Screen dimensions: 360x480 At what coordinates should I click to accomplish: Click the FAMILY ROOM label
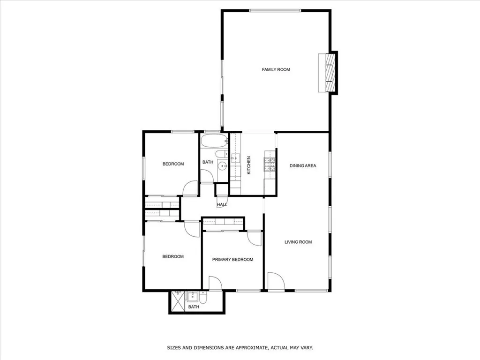tap(276, 70)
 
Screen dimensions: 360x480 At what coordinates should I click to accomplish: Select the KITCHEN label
tap(249, 165)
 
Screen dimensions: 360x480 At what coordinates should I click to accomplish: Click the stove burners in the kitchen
tap(270, 164)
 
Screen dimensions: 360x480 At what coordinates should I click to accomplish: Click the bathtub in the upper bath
tap(214, 141)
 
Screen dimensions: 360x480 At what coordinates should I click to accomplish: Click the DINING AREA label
tap(302, 165)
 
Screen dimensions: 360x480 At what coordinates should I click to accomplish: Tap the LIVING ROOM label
tap(298, 242)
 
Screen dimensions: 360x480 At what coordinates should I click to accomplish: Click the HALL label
tap(222, 205)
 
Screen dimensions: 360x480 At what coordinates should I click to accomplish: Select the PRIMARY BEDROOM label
tap(232, 260)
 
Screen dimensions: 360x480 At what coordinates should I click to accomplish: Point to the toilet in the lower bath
tap(202, 298)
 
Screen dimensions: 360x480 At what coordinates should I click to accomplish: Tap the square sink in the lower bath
tap(192, 296)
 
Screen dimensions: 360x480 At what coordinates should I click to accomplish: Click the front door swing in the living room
tap(276, 282)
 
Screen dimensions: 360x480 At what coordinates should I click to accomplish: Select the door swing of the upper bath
tap(207, 176)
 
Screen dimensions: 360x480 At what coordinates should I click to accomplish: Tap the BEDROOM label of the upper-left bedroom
tap(173, 164)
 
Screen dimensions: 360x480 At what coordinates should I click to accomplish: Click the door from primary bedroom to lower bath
tap(215, 283)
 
